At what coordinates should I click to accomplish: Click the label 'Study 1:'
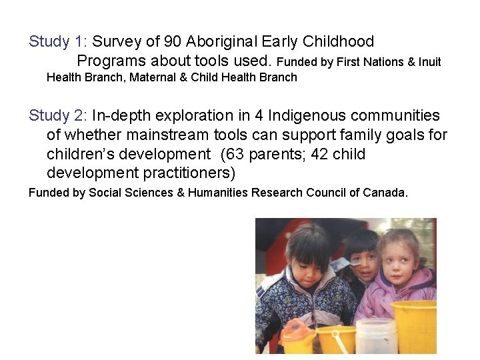coord(57,42)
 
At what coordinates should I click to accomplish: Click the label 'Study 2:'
coord(57,116)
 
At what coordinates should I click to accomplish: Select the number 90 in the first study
coord(173,42)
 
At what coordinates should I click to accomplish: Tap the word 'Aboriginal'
coord(223,42)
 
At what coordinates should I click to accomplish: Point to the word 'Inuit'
coord(429,62)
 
